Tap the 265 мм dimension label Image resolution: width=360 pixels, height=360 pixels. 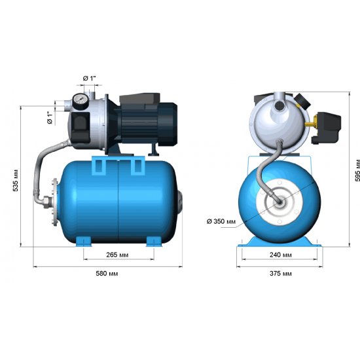[x=117, y=255]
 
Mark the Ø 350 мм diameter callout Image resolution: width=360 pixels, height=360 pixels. [x=221, y=221]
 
